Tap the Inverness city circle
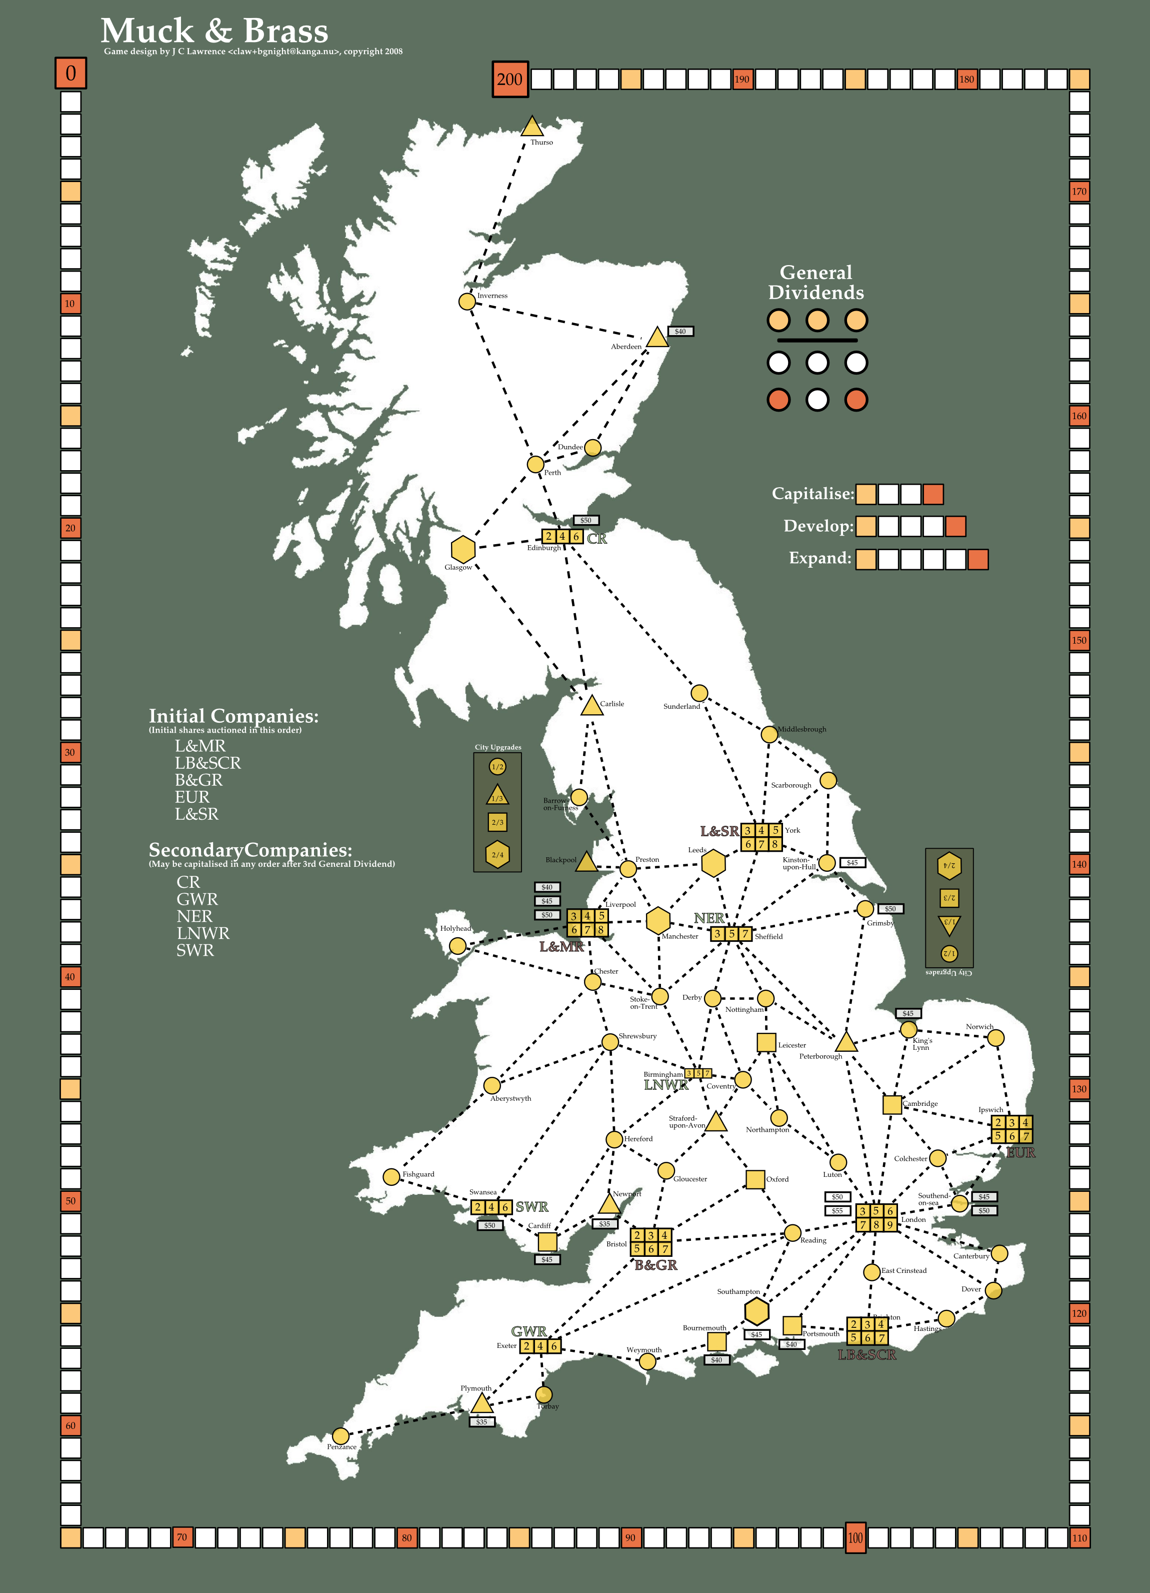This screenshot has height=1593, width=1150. coord(467,301)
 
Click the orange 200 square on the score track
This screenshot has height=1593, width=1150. coord(509,80)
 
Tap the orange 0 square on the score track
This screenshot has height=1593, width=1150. coord(70,73)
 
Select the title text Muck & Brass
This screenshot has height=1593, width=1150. coord(214,32)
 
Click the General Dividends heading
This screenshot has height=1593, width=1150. coord(816,283)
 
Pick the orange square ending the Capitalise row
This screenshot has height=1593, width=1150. coord(933,495)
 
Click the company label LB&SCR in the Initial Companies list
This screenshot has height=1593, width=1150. coord(208,763)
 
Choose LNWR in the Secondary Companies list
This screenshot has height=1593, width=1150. coord(203,933)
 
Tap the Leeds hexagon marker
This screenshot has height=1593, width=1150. coord(713,863)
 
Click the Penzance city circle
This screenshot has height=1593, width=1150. coord(340,1435)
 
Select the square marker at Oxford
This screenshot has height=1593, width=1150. coord(754,1179)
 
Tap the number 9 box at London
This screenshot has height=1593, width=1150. coord(889,1225)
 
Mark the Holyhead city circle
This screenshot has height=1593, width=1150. coord(457,946)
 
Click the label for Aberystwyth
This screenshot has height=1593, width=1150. coord(510,1098)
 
